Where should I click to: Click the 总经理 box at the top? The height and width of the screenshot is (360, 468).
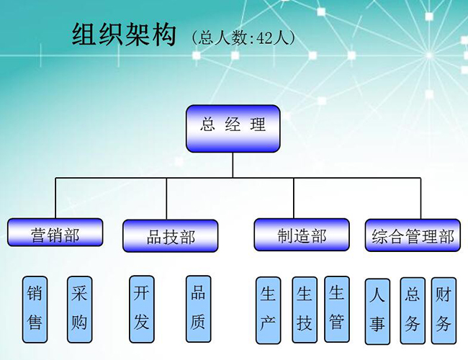coord(233,128)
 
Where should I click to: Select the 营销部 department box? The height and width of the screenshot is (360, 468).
coord(55,234)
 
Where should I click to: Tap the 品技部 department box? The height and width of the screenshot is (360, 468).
coord(170,236)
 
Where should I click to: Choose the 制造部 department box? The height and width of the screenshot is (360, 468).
coord(302,235)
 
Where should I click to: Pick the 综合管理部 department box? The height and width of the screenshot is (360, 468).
coord(413,235)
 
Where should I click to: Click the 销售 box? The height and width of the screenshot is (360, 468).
coord(35,308)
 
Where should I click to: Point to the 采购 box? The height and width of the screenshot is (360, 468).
coord(79,308)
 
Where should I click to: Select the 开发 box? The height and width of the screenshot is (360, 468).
coord(141,308)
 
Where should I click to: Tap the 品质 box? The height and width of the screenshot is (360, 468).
coord(198,307)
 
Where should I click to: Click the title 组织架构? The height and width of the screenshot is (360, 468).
coord(124,35)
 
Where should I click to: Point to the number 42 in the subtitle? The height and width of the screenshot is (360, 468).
coord(266,37)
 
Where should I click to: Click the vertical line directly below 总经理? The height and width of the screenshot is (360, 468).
coord(233,164)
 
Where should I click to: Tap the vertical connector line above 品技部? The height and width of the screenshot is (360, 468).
coord(166,198)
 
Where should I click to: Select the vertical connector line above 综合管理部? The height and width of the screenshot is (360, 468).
coord(420,198)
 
